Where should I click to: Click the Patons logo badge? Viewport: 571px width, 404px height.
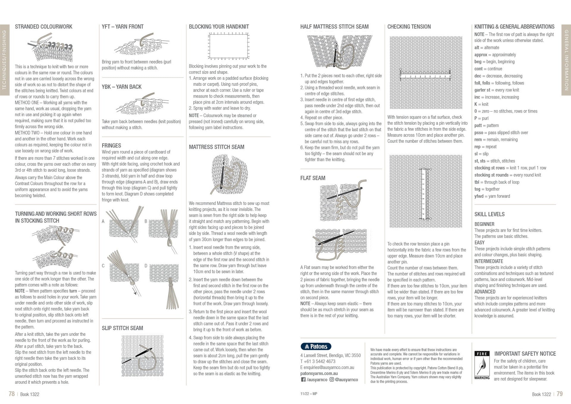tap(316, 346)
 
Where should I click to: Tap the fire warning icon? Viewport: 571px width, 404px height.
tap(482, 366)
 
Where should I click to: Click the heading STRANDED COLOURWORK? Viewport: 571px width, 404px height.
tap(44, 27)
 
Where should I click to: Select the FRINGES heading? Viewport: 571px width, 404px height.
tap(111, 146)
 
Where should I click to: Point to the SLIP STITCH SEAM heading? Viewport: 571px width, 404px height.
tap(122, 328)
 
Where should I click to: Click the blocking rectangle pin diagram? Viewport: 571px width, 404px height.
tap(228, 46)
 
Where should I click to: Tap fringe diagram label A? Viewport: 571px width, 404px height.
tap(103, 221)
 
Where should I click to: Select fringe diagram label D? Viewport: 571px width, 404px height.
tap(146, 266)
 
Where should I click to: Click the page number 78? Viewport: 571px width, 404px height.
tap(12, 394)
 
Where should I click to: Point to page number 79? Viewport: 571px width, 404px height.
tap(559, 394)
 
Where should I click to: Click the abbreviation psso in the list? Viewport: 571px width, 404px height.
tap(479, 132)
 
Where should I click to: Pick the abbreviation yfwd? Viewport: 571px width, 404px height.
tap(479, 196)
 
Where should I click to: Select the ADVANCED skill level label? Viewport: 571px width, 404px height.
tap(485, 292)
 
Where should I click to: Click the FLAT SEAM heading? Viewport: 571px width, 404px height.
tap(313, 178)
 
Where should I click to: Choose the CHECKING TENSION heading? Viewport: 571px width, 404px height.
tap(409, 27)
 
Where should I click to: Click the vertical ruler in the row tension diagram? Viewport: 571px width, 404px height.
tap(426, 194)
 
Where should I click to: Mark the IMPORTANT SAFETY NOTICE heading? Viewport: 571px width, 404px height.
tap(525, 354)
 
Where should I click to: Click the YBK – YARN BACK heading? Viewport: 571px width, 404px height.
tap(121, 87)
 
